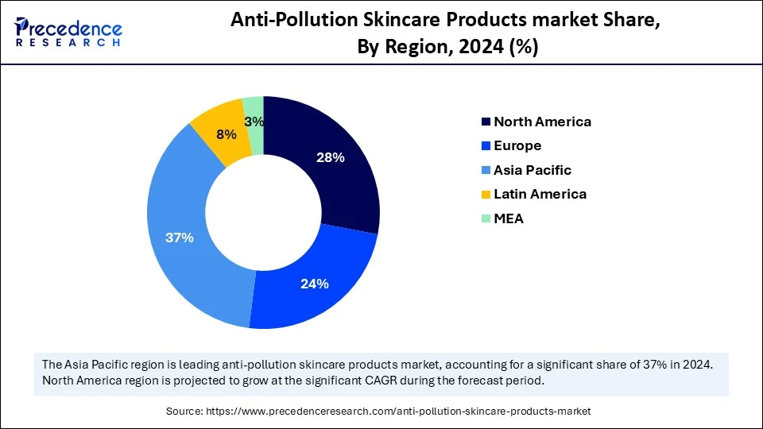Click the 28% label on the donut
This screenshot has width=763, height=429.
pos(331,157)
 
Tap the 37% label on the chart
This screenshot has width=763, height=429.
pos(180,238)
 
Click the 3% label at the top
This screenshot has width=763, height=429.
pos(254,122)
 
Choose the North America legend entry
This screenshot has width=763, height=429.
pos(542,122)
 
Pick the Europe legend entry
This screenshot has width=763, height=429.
pos(517,145)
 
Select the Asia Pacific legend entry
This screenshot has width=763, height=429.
pos(533,170)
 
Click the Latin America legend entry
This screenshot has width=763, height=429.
pos(540,194)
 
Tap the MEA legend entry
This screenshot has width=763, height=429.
pos(509,218)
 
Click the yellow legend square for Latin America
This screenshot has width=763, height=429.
pos(486,194)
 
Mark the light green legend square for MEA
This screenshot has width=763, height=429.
pos(486,218)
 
